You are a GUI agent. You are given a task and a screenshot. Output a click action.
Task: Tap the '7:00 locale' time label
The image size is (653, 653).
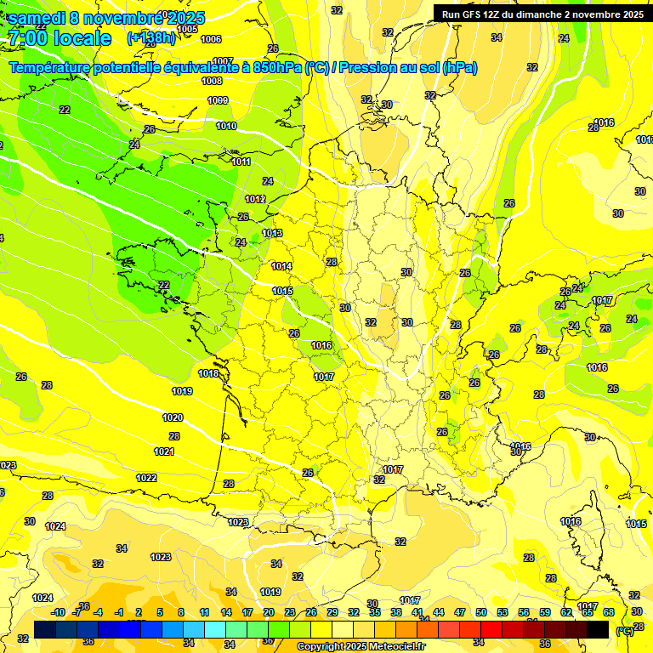pyautogui.click(x=59, y=38)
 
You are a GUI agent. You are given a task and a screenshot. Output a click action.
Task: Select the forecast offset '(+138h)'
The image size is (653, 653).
pyautogui.click(x=151, y=38)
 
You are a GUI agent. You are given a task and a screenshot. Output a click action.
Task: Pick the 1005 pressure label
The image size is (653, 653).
pyautogui.click(x=187, y=29)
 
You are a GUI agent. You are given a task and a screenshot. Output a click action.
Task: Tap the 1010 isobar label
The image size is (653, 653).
pyautogui.click(x=226, y=126)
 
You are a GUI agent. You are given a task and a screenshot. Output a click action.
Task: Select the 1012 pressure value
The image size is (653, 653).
pyautogui.click(x=255, y=199)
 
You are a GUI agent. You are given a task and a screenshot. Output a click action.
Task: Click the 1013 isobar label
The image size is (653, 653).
pyautogui.click(x=272, y=233)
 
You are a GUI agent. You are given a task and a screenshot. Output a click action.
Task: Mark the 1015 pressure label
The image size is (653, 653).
pyautogui.click(x=282, y=292)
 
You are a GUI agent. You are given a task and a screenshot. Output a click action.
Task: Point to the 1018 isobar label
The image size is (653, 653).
pyautogui.click(x=208, y=373)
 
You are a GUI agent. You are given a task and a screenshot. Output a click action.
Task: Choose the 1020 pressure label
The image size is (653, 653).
pyautogui.click(x=173, y=417)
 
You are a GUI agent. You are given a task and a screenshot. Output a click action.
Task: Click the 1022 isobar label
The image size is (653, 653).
pyautogui.click(x=146, y=478)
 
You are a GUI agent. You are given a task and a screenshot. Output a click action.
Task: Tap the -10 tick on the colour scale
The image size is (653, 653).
pyautogui.click(x=58, y=612)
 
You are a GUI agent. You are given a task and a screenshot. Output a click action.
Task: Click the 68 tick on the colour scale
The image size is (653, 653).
pyautogui.click(x=608, y=612)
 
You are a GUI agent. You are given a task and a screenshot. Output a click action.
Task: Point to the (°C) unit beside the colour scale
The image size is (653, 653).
pyautogui.click(x=625, y=630)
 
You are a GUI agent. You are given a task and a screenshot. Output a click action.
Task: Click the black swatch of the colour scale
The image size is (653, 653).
pyautogui.click(x=598, y=629)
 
